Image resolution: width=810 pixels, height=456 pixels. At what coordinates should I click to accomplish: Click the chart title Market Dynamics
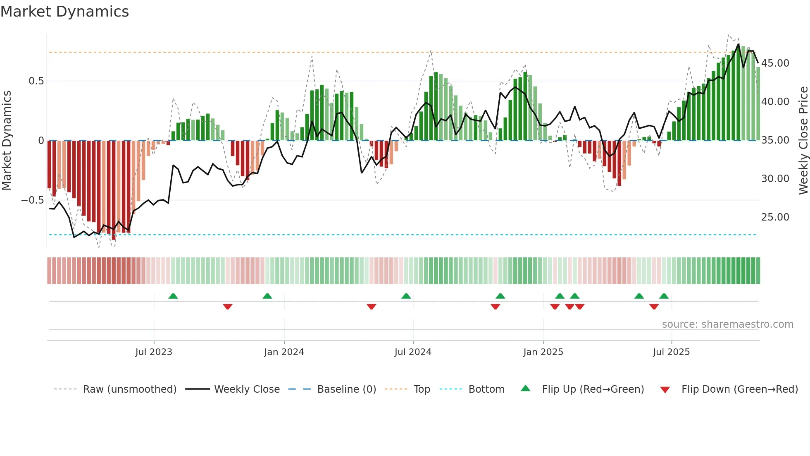point(64,12)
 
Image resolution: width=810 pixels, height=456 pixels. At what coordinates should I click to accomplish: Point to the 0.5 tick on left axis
point(36,81)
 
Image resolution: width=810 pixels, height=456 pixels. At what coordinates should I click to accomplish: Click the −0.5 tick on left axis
point(33,200)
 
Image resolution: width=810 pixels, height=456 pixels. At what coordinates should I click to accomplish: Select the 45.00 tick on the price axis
point(775,63)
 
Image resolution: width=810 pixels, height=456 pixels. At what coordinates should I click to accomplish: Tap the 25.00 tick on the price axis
point(775,217)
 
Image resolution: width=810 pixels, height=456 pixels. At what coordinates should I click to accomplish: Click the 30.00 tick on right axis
point(775,179)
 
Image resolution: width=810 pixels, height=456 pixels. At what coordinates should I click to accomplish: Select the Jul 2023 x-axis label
point(154,352)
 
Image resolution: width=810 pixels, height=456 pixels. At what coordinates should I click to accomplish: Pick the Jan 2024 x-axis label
point(284,352)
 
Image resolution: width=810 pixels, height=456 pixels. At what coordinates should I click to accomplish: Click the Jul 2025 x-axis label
point(672,352)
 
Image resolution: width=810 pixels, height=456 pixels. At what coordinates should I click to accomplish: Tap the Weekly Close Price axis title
point(803,141)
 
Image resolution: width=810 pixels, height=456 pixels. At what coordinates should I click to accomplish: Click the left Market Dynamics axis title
point(7,141)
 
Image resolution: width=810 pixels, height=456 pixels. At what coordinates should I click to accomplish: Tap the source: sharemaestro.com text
point(727,324)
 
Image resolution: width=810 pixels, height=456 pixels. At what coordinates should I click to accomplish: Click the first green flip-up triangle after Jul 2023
point(173,296)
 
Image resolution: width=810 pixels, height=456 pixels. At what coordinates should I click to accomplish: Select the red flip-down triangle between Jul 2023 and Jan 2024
point(228,307)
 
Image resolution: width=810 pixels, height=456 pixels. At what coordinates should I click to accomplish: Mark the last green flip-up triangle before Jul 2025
point(664,296)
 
